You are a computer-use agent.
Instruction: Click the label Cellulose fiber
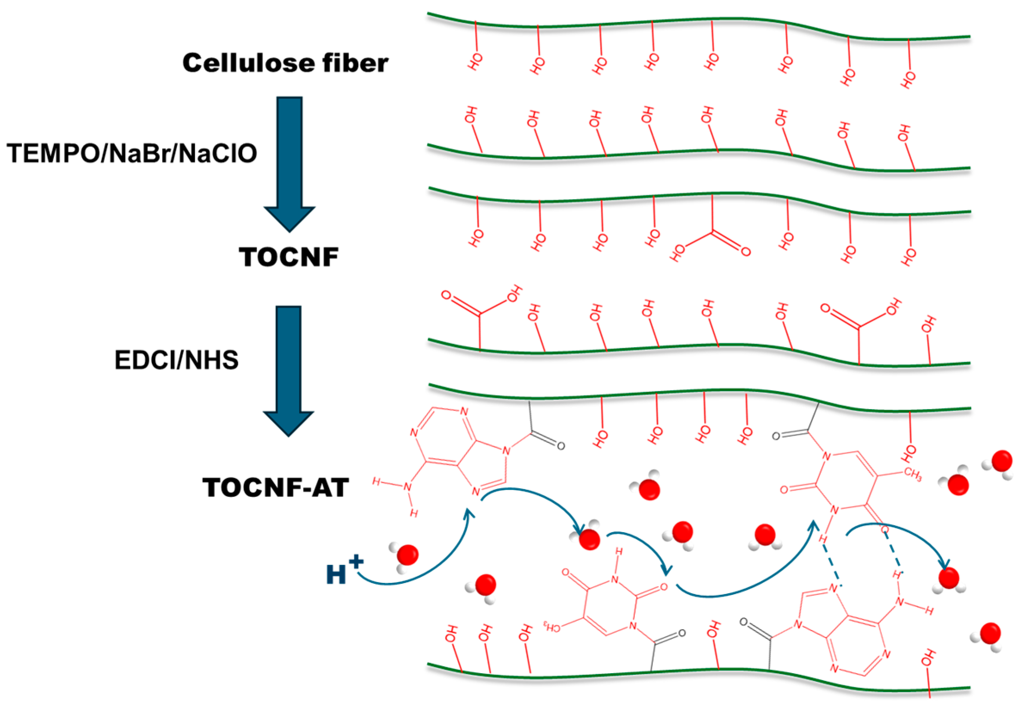[x=285, y=63]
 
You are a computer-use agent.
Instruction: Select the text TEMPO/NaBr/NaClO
[x=132, y=153]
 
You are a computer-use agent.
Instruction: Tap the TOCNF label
[x=289, y=257]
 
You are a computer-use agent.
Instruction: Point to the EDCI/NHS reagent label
[x=176, y=360]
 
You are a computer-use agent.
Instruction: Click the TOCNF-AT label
[x=275, y=487]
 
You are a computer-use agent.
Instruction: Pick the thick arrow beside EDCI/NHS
[x=289, y=371]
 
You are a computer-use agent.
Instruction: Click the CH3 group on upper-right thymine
[x=912, y=475]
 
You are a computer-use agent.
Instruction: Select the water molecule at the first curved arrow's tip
[x=587, y=539]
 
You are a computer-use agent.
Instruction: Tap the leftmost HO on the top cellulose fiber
[x=475, y=62]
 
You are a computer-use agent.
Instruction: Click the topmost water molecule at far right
[x=1000, y=463]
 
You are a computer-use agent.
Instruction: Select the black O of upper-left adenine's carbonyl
[x=561, y=446]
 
